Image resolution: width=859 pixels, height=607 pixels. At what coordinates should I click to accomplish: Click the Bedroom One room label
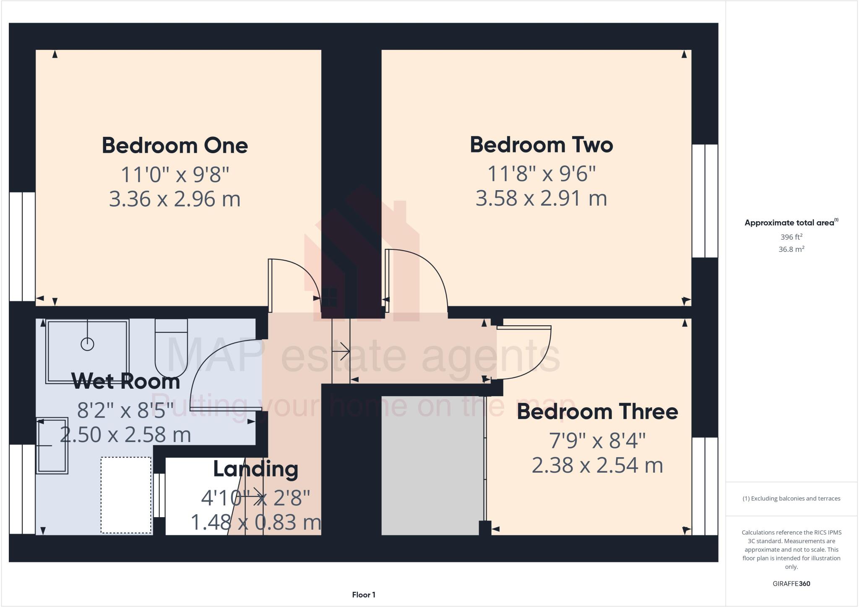[x=174, y=146]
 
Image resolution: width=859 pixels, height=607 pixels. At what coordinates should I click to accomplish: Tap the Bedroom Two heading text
[x=541, y=145]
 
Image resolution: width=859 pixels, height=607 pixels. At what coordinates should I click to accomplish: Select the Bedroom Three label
[x=597, y=412]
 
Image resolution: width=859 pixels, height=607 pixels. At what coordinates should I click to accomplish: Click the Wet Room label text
[x=125, y=381]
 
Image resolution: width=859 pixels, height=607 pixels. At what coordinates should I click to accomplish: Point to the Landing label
[x=255, y=469]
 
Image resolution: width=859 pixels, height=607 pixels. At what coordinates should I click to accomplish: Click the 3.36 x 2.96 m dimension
[x=174, y=199]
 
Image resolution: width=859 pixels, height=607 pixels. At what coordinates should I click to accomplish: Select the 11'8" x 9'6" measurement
[x=541, y=173]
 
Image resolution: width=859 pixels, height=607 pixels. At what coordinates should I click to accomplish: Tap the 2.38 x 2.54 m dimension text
[x=597, y=465]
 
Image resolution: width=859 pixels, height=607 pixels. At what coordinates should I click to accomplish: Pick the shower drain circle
[x=87, y=344]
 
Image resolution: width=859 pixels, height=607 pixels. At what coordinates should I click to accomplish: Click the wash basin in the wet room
[x=52, y=445]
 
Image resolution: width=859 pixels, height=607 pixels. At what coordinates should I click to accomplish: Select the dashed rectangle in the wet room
[x=126, y=495]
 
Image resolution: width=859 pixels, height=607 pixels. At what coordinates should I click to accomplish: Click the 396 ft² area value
[x=791, y=237]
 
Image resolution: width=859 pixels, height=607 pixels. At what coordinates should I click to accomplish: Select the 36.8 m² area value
[x=791, y=249]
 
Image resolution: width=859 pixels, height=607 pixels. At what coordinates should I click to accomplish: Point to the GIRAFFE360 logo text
[x=791, y=583]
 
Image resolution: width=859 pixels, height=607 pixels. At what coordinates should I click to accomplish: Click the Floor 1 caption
[x=364, y=595]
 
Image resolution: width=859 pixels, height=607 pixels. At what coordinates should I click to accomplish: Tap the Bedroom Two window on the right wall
[x=705, y=201]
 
